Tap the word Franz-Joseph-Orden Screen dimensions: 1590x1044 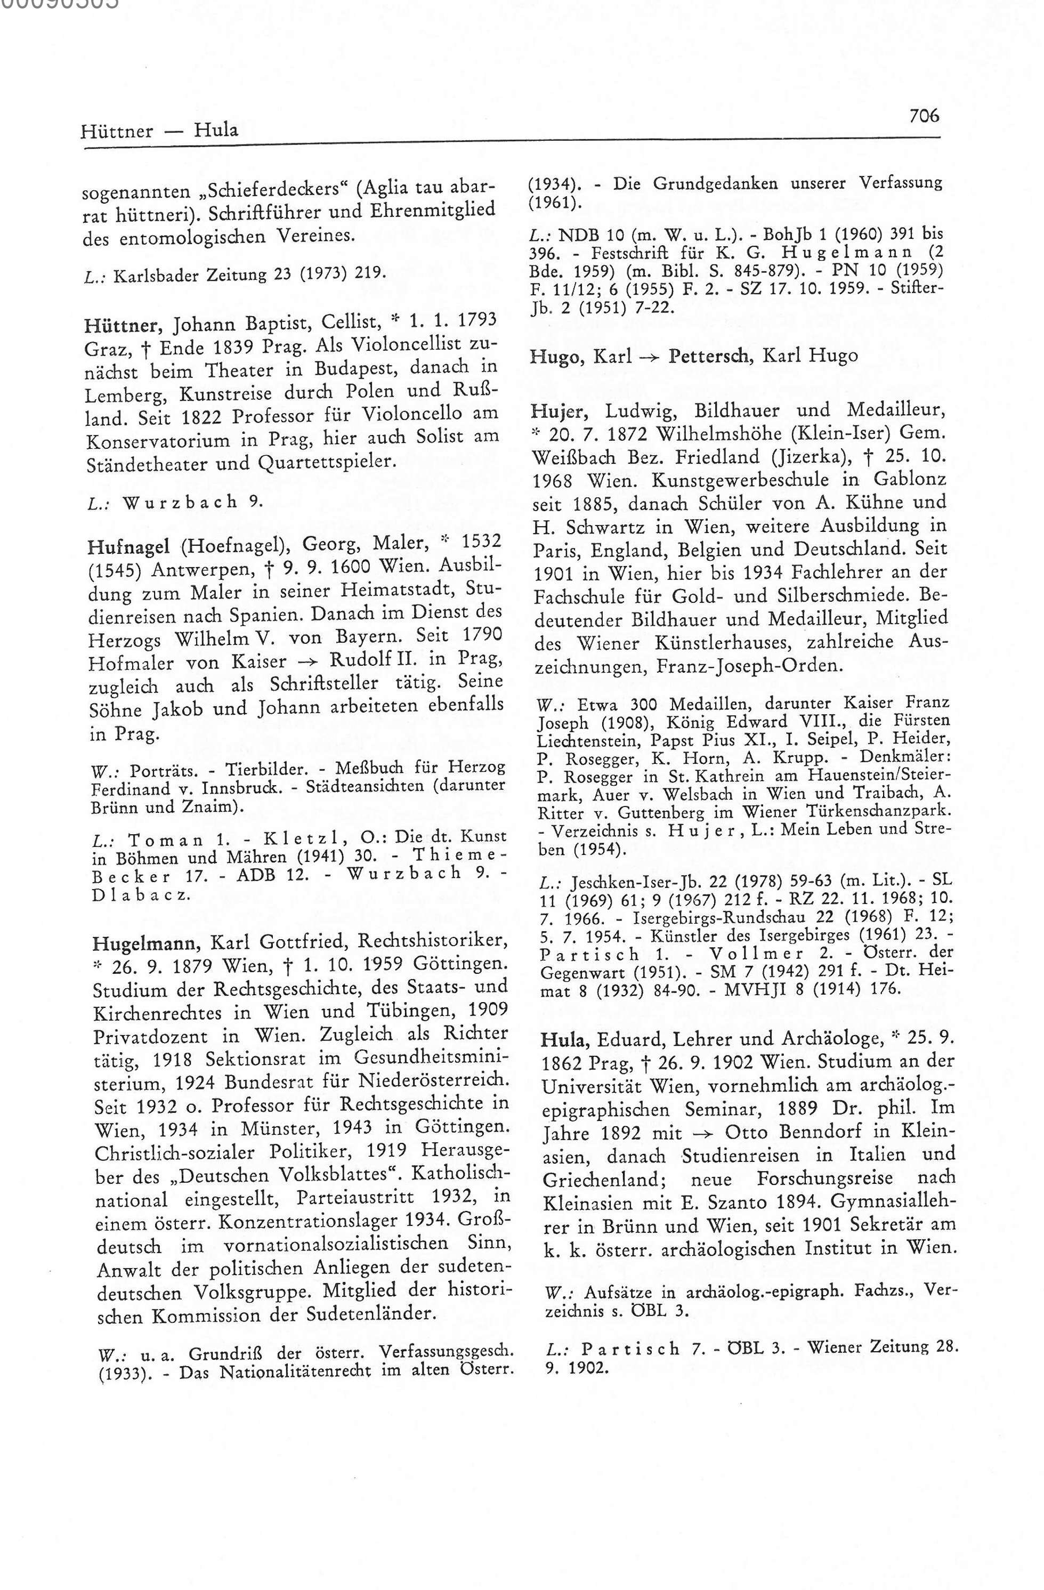(747, 666)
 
